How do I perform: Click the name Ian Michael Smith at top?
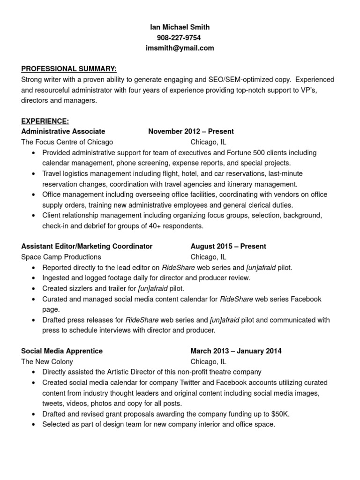point(180,27)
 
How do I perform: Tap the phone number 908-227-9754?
point(180,37)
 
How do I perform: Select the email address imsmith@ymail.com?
point(180,48)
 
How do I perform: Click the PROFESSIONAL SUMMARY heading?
point(69,69)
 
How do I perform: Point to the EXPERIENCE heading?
point(45,121)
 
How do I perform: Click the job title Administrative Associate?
point(63,131)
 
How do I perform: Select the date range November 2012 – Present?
point(191,131)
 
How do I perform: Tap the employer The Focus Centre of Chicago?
point(67,142)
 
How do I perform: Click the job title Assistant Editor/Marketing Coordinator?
point(87,246)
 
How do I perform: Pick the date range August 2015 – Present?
point(228,246)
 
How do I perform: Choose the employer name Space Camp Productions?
point(61,257)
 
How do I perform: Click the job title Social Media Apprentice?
point(62,351)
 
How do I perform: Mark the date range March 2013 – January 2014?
point(236,351)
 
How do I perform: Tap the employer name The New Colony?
point(47,361)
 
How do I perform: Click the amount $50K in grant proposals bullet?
point(280,414)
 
